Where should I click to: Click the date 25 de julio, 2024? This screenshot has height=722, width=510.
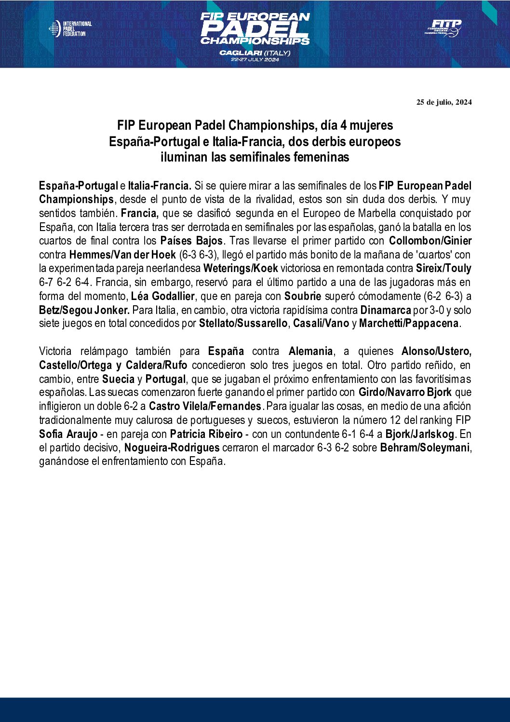tap(444, 102)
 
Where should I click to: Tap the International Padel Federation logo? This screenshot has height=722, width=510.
tap(70, 29)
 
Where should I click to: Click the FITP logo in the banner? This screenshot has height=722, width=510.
tap(443, 28)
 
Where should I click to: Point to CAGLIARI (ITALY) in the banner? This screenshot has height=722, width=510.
tap(255, 53)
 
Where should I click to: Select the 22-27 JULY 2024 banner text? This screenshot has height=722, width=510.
tap(255, 60)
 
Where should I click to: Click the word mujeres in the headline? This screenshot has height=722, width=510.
tap(371, 125)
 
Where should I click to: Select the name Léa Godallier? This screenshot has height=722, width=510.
tap(163, 296)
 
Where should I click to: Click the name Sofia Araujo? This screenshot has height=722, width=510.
tap(68, 434)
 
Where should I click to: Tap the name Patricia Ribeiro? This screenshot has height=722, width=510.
tap(206, 434)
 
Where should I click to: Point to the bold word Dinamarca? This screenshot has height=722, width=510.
tap(385, 310)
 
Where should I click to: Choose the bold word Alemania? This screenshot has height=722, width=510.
tap(310, 351)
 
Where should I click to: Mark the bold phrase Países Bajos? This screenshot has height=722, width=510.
tap(191, 241)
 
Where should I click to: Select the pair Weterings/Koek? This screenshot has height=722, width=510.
tap(241, 268)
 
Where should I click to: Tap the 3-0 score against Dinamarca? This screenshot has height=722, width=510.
tap(437, 310)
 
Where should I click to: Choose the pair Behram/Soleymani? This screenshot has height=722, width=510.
tap(425, 448)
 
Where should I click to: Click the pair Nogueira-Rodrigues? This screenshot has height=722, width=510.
tap(172, 448)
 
